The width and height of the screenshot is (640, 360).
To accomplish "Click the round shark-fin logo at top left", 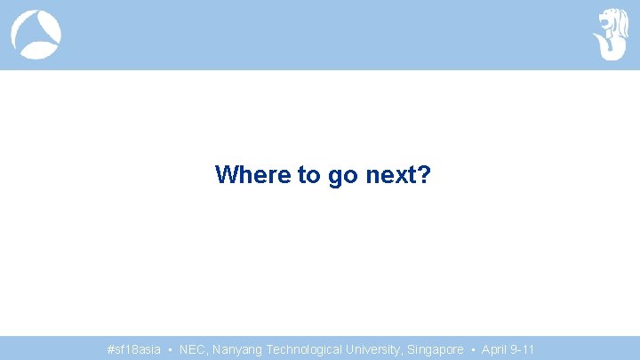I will coord(36,35).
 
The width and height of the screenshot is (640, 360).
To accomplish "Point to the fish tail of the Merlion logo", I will coord(611,49).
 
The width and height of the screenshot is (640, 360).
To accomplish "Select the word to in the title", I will coord(310,174).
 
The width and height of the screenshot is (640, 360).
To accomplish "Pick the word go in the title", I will coord(342,174).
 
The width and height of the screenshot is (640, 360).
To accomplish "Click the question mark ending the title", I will coord(424,174).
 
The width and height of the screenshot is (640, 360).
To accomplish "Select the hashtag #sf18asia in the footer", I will coord(133,349).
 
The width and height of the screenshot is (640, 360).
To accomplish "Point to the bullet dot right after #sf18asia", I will coord(170,349).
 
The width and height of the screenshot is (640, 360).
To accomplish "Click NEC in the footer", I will coord(191,349).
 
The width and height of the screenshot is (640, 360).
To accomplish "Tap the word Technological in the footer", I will coord(307,349).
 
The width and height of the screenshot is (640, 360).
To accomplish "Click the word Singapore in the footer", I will coord(436,349).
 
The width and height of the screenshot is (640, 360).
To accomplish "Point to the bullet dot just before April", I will coord(473,349).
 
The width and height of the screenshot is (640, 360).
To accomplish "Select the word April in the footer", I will coord(494,349).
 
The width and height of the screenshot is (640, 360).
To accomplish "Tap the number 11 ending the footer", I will coord(529,349).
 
